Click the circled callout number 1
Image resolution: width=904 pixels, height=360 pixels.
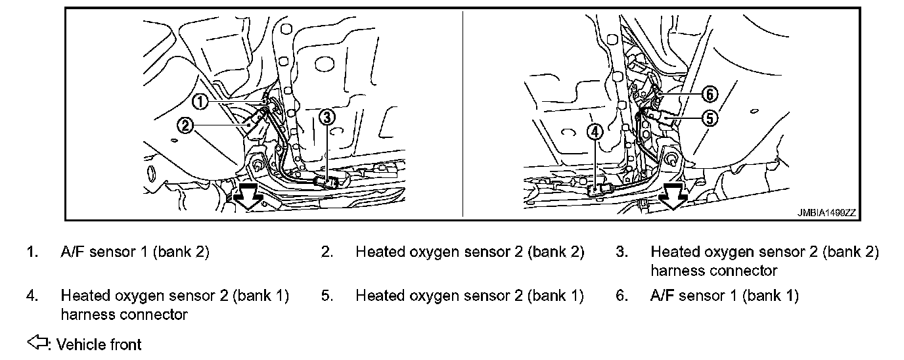click(x=201, y=101)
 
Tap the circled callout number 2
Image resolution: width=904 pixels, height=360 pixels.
click(x=186, y=125)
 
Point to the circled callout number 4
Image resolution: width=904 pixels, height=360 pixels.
click(x=595, y=132)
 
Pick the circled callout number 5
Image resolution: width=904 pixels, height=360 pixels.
click(x=709, y=118)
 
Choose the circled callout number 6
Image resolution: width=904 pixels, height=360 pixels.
click(x=709, y=94)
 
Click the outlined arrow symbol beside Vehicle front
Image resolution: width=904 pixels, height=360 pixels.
click(x=37, y=342)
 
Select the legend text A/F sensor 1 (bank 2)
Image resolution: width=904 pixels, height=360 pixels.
click(x=135, y=252)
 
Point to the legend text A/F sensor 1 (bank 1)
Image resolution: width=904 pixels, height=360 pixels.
click(x=724, y=296)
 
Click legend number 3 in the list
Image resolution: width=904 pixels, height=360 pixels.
click(x=621, y=252)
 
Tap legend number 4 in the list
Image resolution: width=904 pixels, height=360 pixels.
click(x=32, y=296)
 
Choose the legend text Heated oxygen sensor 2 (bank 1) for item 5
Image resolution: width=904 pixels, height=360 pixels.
click(x=469, y=296)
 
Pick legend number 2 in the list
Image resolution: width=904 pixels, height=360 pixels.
click(x=327, y=252)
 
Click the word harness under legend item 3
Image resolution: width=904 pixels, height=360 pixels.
click(x=677, y=271)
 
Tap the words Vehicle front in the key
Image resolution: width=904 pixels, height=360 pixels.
click(x=99, y=344)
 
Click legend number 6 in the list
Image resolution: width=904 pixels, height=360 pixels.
click(x=621, y=296)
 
